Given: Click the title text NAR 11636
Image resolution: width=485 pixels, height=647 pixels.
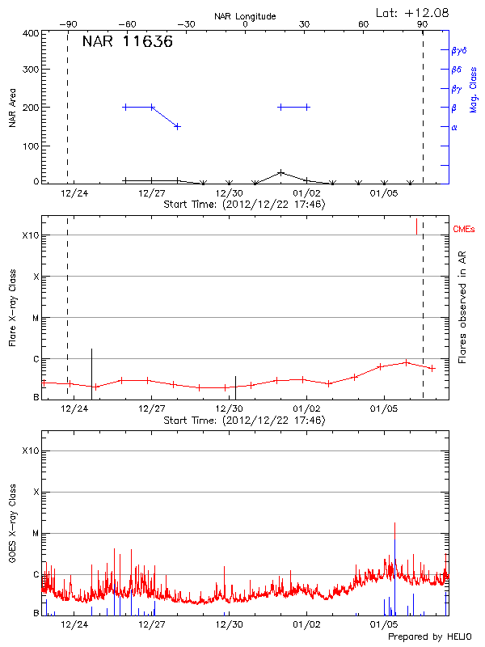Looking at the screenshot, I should (127, 43).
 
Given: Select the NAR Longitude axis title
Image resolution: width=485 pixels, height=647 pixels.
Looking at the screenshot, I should (245, 16).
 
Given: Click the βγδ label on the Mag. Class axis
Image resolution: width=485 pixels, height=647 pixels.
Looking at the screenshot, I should (458, 50).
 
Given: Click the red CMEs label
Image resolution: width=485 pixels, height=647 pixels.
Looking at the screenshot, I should (465, 230).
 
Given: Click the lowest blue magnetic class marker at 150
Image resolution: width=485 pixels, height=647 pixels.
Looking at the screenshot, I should (177, 126).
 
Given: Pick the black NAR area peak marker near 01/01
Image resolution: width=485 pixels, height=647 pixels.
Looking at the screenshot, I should (280, 172).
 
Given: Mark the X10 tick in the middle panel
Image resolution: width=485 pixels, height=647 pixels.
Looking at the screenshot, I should (31, 235).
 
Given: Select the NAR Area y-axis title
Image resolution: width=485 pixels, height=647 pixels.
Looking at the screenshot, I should (11, 108).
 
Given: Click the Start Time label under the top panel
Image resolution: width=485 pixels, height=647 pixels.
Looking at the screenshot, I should (244, 205).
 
